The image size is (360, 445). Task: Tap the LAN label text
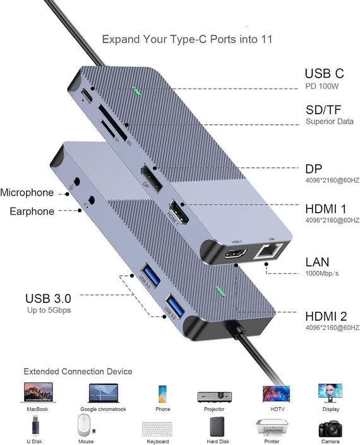click(318, 262)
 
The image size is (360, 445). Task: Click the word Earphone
click(32, 211)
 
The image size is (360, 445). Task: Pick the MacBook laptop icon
click(38, 393)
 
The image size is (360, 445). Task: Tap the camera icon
click(330, 429)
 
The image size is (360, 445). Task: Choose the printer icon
click(272, 429)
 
